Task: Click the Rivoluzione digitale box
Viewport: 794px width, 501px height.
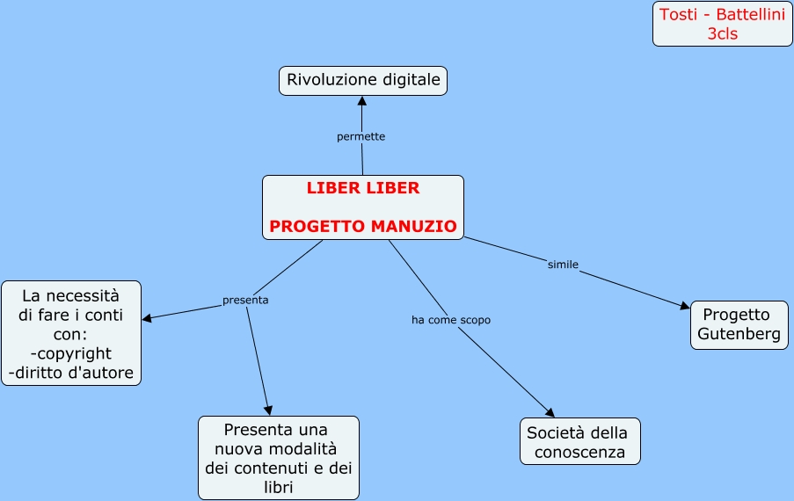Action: click(x=363, y=81)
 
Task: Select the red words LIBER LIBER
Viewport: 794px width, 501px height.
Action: click(x=363, y=188)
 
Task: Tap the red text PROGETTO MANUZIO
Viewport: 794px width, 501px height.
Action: click(x=363, y=227)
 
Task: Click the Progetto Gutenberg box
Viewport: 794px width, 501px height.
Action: click(x=739, y=325)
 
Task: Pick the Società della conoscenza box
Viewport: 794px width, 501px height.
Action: click(x=579, y=442)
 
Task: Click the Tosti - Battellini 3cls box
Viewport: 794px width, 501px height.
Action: click(x=722, y=25)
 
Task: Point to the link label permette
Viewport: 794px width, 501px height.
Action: click(x=361, y=137)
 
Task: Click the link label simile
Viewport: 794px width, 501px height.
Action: click(x=563, y=265)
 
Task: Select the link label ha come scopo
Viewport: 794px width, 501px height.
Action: click(x=450, y=320)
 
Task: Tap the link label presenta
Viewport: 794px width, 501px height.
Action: click(x=245, y=300)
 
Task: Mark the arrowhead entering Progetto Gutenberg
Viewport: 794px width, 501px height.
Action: click(x=686, y=306)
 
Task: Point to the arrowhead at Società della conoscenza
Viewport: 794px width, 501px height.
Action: click(x=550, y=412)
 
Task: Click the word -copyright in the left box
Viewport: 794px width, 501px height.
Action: click(x=70, y=353)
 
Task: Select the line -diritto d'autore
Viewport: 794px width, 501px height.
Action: click(x=71, y=373)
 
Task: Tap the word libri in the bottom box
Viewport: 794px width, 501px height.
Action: click(x=277, y=487)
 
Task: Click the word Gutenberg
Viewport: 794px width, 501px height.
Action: click(x=739, y=335)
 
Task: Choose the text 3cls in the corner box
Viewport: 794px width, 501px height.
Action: click(x=722, y=34)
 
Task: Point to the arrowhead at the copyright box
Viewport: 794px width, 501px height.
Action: click(x=147, y=318)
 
